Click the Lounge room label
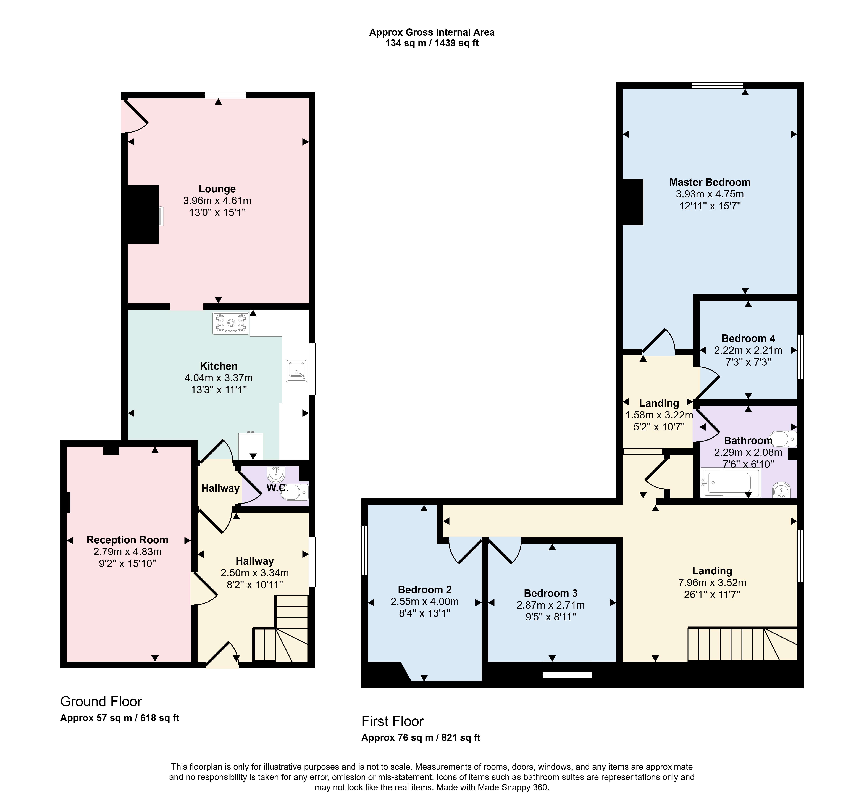(x=217, y=189)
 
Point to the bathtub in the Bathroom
(x=730, y=483)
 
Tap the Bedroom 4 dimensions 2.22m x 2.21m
(x=748, y=350)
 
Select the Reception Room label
(x=127, y=540)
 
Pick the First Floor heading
(x=392, y=721)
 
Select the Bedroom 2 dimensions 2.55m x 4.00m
(x=425, y=602)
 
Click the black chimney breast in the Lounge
(x=143, y=215)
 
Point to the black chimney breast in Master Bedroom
(x=633, y=202)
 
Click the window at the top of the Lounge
(x=225, y=95)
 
